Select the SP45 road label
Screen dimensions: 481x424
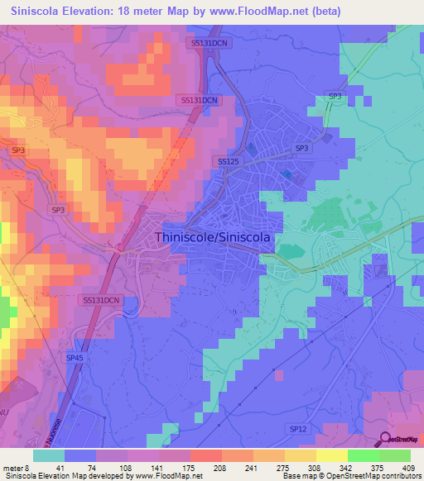coord(75,357)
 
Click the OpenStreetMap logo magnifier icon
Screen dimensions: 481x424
coord(386,439)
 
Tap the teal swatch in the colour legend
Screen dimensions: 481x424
coord(49,455)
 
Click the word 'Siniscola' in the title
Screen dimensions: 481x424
coord(38,12)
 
